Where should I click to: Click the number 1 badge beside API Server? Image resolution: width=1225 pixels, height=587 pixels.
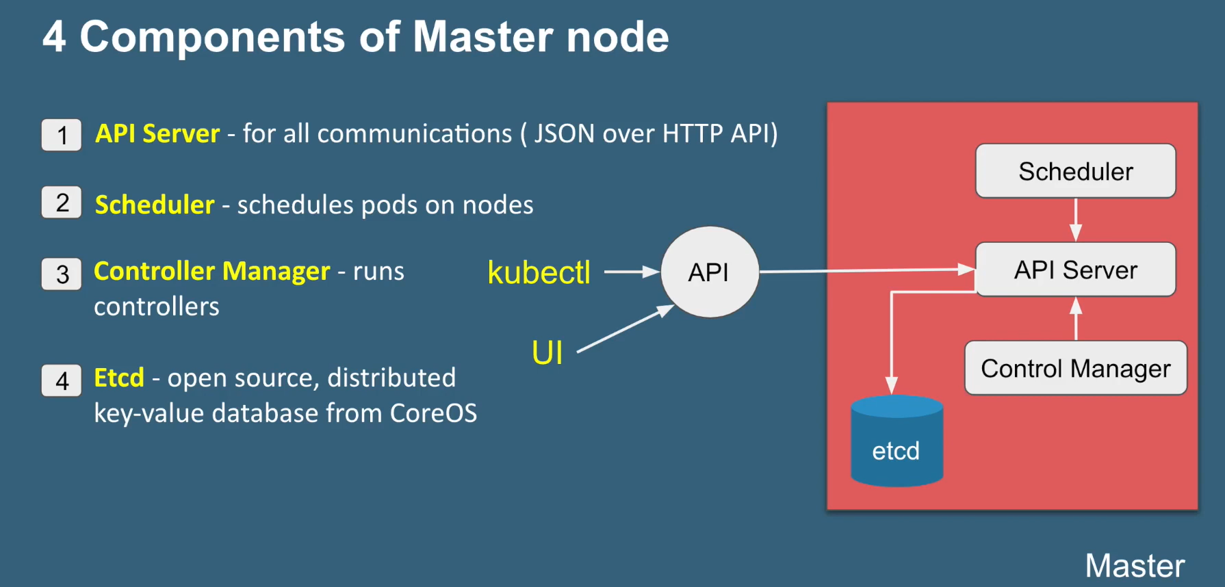(62, 135)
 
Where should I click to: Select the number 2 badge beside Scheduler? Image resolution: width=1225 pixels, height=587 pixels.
(62, 203)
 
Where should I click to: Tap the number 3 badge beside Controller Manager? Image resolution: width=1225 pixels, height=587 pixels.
(62, 274)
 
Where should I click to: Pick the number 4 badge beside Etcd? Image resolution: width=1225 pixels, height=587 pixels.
(62, 380)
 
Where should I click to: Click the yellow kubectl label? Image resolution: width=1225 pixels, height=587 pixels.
(539, 272)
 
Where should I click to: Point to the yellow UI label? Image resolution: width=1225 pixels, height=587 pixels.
(547, 353)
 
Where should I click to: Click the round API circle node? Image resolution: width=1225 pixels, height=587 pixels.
(709, 272)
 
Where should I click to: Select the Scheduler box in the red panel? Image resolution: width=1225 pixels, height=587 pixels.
(1075, 171)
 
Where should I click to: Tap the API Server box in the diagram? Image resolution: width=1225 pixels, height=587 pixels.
(1075, 270)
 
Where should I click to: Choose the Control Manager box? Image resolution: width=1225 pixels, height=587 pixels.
(1075, 368)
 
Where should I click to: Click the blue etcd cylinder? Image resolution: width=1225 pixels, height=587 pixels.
(897, 442)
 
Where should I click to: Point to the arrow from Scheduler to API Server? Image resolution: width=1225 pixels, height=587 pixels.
(1076, 220)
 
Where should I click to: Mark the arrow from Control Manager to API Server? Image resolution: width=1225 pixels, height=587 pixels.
(1076, 319)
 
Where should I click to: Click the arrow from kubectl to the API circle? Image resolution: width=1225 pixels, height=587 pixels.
(631, 272)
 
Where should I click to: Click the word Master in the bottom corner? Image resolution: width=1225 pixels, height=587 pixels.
(1134, 566)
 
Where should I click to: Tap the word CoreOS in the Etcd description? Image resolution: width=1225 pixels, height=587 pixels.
(433, 413)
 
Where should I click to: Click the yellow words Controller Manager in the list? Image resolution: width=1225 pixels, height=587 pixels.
(211, 271)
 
